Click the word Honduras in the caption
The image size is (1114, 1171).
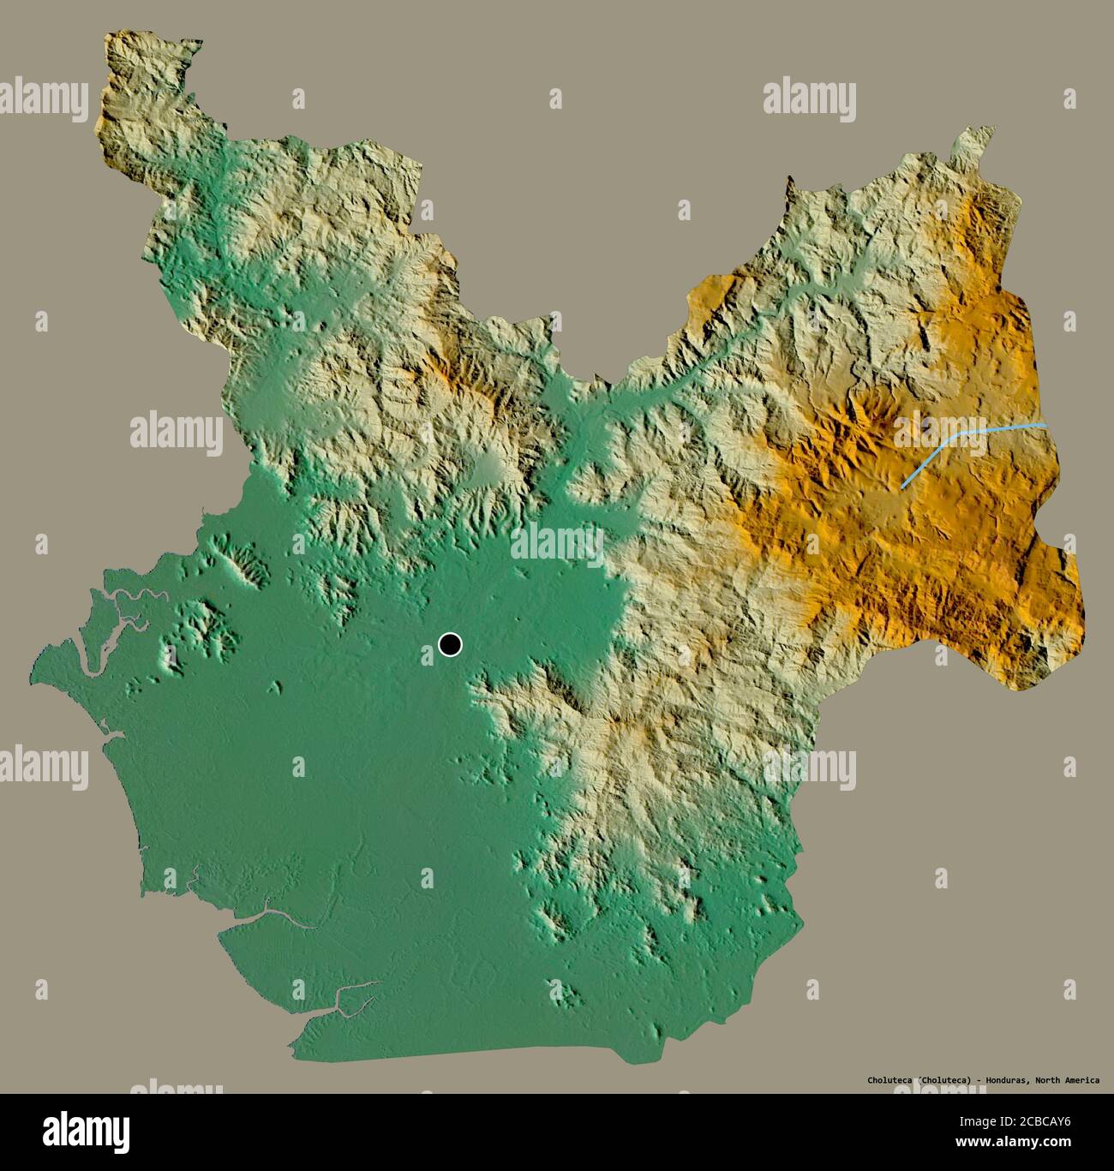[1003, 1080]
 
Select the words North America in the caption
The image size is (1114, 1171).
[1067, 1080]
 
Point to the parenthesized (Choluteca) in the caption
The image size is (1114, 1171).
[944, 1080]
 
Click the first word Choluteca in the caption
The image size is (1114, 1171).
[887, 1080]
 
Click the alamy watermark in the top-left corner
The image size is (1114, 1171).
[43, 96]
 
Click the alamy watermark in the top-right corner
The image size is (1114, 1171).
[809, 96]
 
